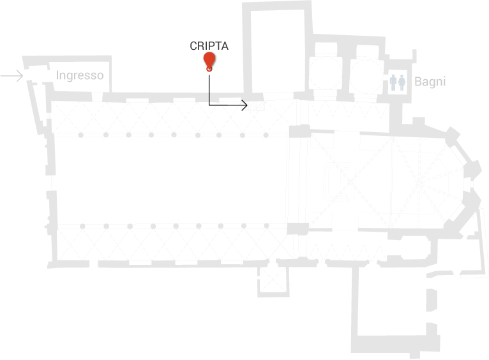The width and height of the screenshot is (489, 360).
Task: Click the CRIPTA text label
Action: pyautogui.click(x=209, y=46)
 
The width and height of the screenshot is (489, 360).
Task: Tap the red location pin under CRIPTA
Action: pyautogui.click(x=209, y=61)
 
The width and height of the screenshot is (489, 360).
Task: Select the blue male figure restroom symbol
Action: pyautogui.click(x=394, y=82)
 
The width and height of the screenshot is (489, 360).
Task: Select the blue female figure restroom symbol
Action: pyautogui.click(x=402, y=82)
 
